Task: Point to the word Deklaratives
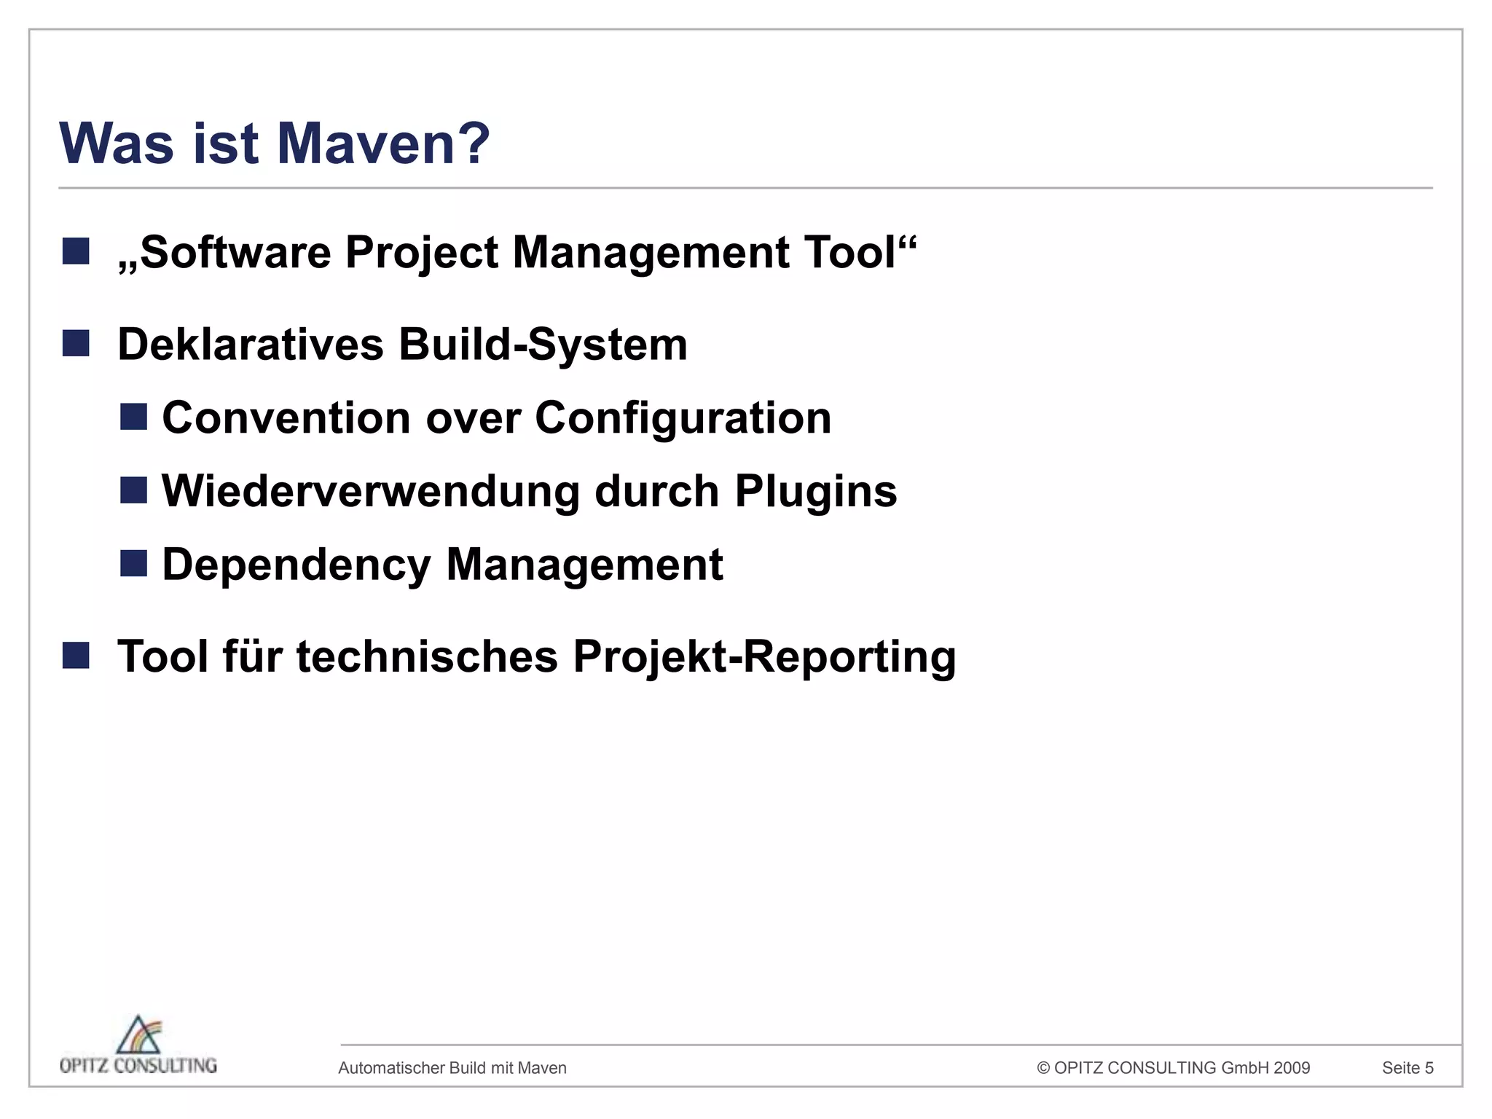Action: tap(250, 345)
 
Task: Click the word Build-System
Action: tap(543, 345)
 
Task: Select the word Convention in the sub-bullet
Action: tap(286, 418)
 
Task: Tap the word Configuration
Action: tap(683, 418)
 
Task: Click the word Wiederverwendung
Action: tap(371, 492)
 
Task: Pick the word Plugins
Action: tap(816, 492)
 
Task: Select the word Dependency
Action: tap(297, 565)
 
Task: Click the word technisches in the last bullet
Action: tap(427, 656)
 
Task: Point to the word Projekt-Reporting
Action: tap(764, 656)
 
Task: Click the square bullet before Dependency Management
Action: tap(133, 563)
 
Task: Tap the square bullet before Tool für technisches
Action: tap(76, 655)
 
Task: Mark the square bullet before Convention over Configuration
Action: tap(133, 417)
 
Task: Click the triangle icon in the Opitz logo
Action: tap(138, 1034)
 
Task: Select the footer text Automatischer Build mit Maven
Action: tap(452, 1068)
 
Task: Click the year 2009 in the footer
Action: tap(1292, 1068)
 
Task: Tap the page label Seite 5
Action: tap(1407, 1068)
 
